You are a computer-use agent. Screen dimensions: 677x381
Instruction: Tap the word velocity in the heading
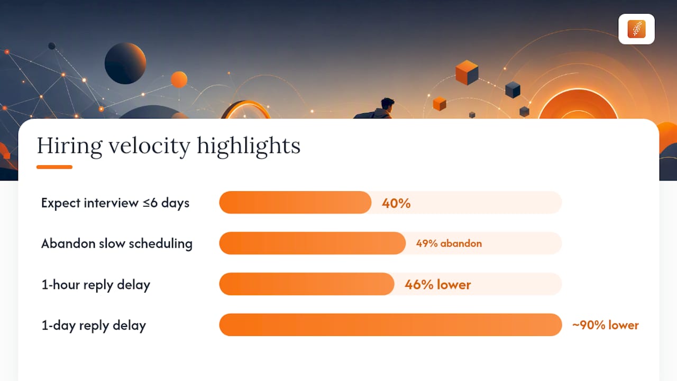149,147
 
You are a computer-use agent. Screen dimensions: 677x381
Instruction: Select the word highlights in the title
249,147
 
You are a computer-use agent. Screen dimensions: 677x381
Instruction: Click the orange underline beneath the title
54,167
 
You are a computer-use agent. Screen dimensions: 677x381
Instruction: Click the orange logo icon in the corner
636,29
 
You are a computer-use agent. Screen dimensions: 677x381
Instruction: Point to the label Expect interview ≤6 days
115,203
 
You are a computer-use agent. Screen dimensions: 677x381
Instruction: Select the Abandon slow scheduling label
117,244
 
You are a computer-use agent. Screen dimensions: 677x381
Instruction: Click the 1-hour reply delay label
96,285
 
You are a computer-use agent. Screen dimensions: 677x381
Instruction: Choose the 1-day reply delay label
94,325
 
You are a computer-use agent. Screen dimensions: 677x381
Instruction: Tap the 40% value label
396,203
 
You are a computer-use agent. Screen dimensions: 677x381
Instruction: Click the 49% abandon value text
449,243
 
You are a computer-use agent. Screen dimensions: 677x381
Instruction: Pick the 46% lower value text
437,285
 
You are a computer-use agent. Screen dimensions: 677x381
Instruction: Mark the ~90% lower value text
606,325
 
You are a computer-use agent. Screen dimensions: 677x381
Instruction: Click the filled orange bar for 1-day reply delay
390,325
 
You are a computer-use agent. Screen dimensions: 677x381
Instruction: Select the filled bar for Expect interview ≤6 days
295,202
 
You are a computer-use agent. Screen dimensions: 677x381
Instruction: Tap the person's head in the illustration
387,104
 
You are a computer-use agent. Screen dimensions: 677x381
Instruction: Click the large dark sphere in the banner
125,63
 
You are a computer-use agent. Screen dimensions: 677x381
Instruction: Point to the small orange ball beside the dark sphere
179,80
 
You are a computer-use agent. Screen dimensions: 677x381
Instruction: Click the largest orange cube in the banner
467,72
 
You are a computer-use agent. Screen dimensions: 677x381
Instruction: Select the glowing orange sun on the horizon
578,104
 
